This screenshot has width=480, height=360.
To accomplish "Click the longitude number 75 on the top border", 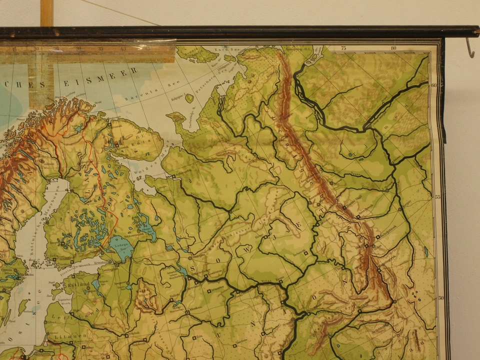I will [x=343, y=48].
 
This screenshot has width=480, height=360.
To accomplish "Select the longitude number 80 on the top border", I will [x=394, y=48].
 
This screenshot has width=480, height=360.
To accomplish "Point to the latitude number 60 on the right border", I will [x=434, y=85].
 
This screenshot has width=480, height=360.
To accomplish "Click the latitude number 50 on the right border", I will [x=440, y=298].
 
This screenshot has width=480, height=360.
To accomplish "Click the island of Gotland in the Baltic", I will [x=22, y=306].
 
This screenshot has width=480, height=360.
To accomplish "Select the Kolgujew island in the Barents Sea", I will [x=189, y=98].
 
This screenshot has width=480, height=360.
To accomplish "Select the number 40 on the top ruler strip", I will [x=123, y=49].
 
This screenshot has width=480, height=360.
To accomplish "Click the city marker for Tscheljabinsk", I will [x=376, y=235].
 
